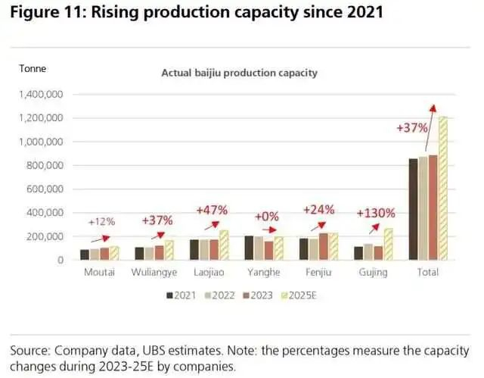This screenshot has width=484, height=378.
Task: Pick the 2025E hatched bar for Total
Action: tap(443, 189)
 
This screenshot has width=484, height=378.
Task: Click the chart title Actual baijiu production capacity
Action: tap(239, 73)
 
